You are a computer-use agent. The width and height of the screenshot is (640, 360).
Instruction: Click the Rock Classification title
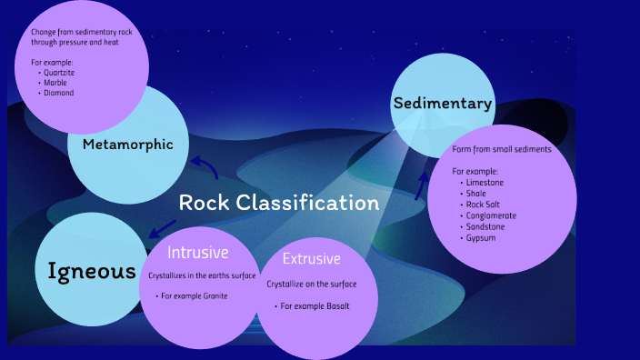(x=278, y=203)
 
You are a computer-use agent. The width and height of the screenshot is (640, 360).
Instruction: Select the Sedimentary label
(x=443, y=104)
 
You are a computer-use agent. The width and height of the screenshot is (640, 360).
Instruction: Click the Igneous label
(x=91, y=270)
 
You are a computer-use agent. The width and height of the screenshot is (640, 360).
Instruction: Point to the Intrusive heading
(x=197, y=252)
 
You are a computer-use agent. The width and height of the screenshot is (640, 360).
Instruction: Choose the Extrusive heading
(x=311, y=259)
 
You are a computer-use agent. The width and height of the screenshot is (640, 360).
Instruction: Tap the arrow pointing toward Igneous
(x=164, y=227)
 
